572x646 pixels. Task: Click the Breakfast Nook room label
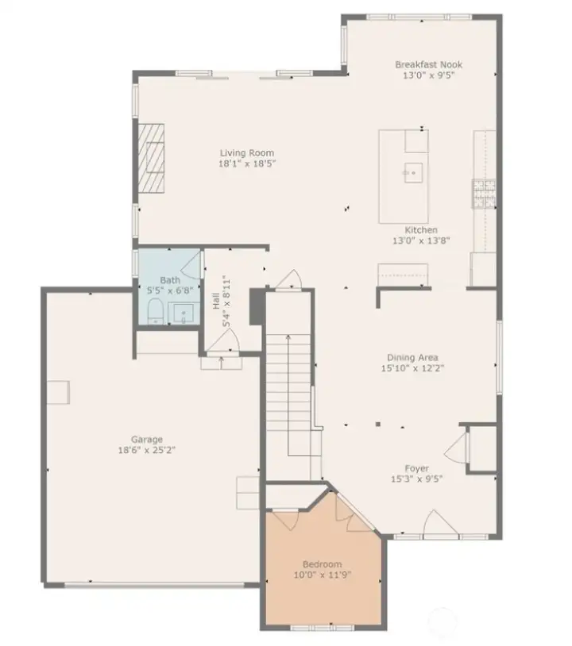pyautogui.click(x=429, y=64)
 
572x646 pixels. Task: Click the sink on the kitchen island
pyautogui.click(x=412, y=171)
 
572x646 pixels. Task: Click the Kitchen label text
pyautogui.click(x=421, y=230)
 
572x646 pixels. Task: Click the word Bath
pyautogui.click(x=169, y=280)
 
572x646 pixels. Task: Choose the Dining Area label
pyautogui.click(x=412, y=357)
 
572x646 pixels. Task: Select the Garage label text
pyautogui.click(x=147, y=439)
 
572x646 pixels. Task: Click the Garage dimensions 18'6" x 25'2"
pyautogui.click(x=147, y=450)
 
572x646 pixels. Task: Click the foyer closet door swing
pyautogui.click(x=457, y=451)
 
